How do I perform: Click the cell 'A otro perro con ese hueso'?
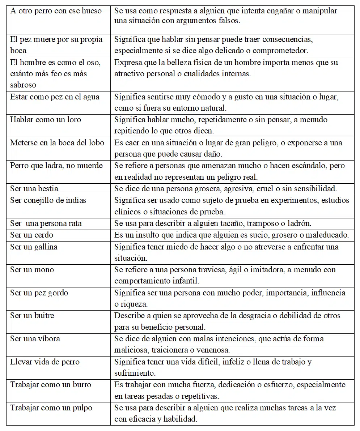click(x=56, y=11)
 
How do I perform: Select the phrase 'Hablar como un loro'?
click(x=46, y=120)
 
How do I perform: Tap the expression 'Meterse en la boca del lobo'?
click(x=57, y=143)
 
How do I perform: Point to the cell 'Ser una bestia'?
click(x=34, y=189)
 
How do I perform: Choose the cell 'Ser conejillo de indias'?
click(x=48, y=200)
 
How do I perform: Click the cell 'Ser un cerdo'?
click(x=31, y=235)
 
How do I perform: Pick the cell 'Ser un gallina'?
click(x=34, y=247)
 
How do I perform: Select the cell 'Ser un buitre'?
click(x=32, y=316)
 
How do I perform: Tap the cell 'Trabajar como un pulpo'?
click(x=51, y=408)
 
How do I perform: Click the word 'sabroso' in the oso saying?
click(x=23, y=85)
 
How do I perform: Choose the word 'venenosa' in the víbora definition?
click(x=213, y=350)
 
